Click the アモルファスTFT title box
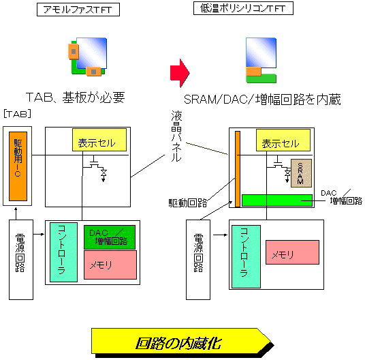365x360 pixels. click(x=78, y=10)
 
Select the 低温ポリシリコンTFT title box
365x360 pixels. click(x=243, y=8)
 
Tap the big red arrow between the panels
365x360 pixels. click(x=180, y=73)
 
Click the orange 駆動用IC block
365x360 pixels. click(x=18, y=166)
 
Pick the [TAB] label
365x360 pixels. click(x=18, y=114)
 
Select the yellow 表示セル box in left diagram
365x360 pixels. click(x=99, y=140)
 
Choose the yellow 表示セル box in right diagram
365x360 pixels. click(x=283, y=140)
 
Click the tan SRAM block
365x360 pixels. click(x=301, y=173)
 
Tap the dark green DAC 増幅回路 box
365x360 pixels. click(x=110, y=237)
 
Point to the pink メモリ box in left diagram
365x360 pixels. click(x=110, y=265)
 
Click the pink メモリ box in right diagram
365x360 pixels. click(x=292, y=252)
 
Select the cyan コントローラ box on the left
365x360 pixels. click(x=63, y=252)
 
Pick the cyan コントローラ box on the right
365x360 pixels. click(x=246, y=256)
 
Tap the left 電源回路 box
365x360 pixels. click(x=21, y=260)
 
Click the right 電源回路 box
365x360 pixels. click(x=198, y=260)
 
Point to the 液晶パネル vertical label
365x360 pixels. click(x=176, y=136)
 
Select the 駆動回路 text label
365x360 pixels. click(x=188, y=203)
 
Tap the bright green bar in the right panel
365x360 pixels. click(x=277, y=200)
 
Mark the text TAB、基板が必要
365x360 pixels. click(x=76, y=97)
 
